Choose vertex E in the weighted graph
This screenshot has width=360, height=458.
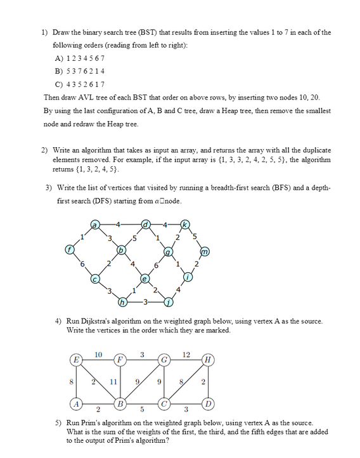76,360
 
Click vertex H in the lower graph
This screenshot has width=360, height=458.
205,360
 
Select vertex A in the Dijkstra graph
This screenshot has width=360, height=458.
76,403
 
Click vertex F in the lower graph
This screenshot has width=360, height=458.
119,360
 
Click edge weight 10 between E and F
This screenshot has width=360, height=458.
98,353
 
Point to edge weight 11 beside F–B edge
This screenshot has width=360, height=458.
113,381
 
